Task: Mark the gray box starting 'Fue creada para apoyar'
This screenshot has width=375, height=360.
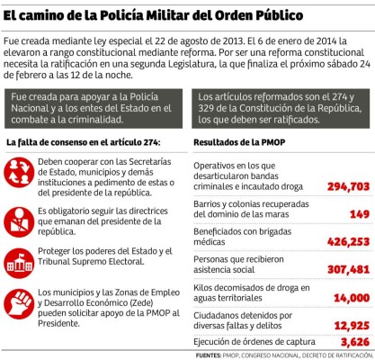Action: click(x=94, y=107)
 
